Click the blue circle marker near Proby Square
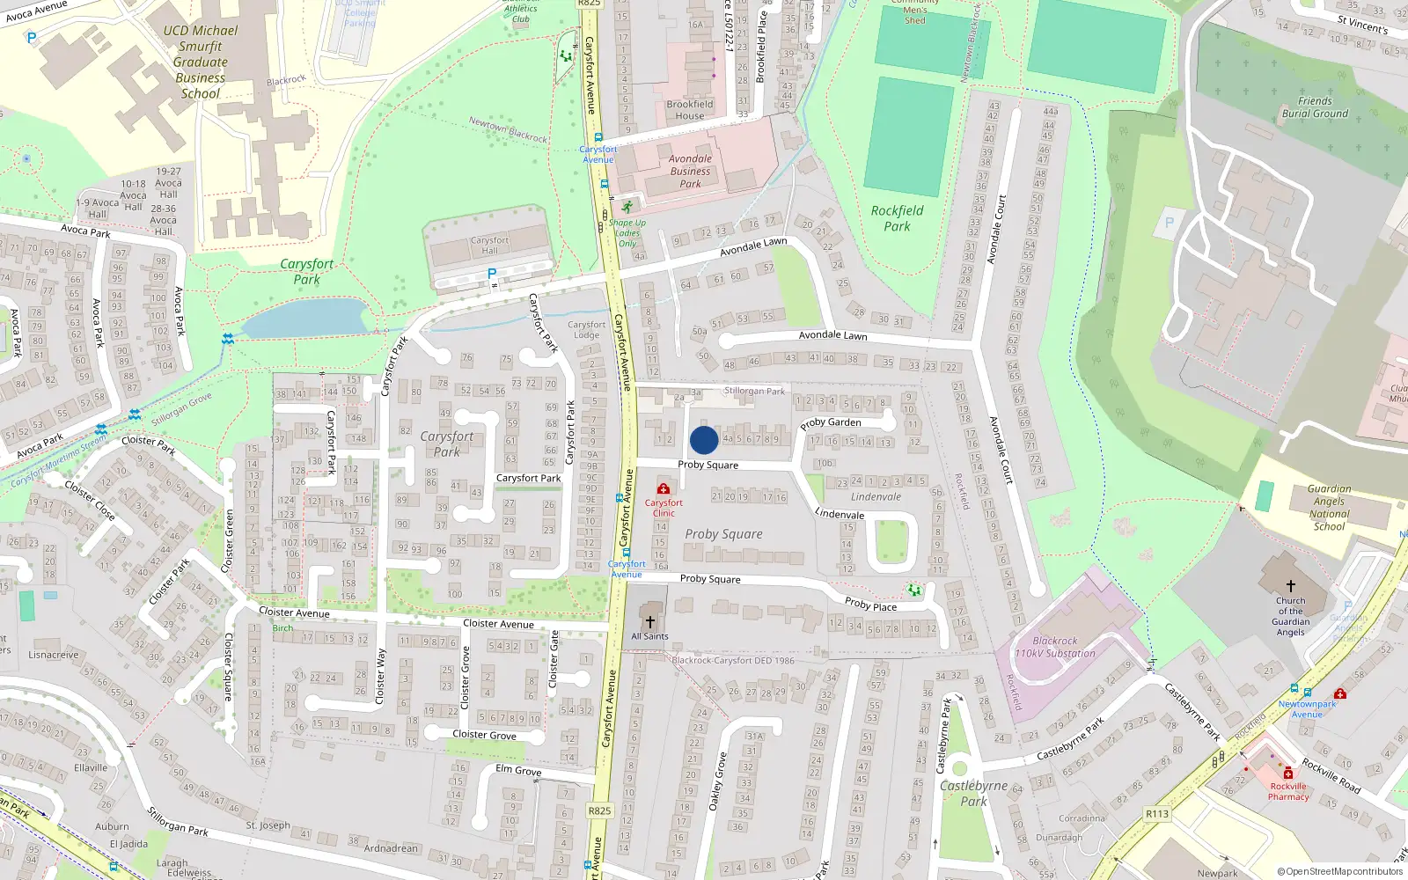(x=704, y=440)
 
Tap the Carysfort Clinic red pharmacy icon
(x=664, y=488)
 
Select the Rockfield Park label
(x=897, y=218)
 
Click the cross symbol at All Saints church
(x=650, y=622)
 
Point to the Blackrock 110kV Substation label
(x=1055, y=647)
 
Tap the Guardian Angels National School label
(x=1329, y=508)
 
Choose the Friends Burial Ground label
(x=1315, y=107)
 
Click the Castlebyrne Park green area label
(x=973, y=793)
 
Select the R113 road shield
(x=1157, y=814)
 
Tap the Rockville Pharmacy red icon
(x=1288, y=774)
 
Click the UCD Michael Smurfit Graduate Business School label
(x=201, y=62)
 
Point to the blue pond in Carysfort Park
(x=304, y=318)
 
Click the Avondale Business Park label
(x=690, y=172)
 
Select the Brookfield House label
(x=690, y=109)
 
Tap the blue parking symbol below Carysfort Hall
(x=492, y=274)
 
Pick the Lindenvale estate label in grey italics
(x=876, y=497)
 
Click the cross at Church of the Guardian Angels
(x=1291, y=586)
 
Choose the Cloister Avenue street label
(x=294, y=612)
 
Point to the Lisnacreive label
(x=54, y=655)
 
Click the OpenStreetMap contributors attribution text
(x=1340, y=872)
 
